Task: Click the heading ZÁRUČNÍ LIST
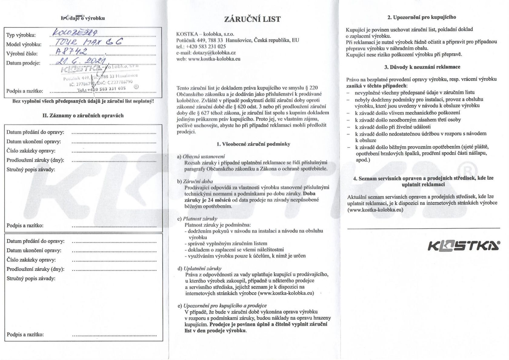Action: (252, 19)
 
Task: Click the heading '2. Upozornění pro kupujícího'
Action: (422, 17)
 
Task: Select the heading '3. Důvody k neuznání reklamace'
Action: (422, 67)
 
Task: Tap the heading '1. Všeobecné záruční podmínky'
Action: (253, 144)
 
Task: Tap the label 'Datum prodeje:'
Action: (23, 63)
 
